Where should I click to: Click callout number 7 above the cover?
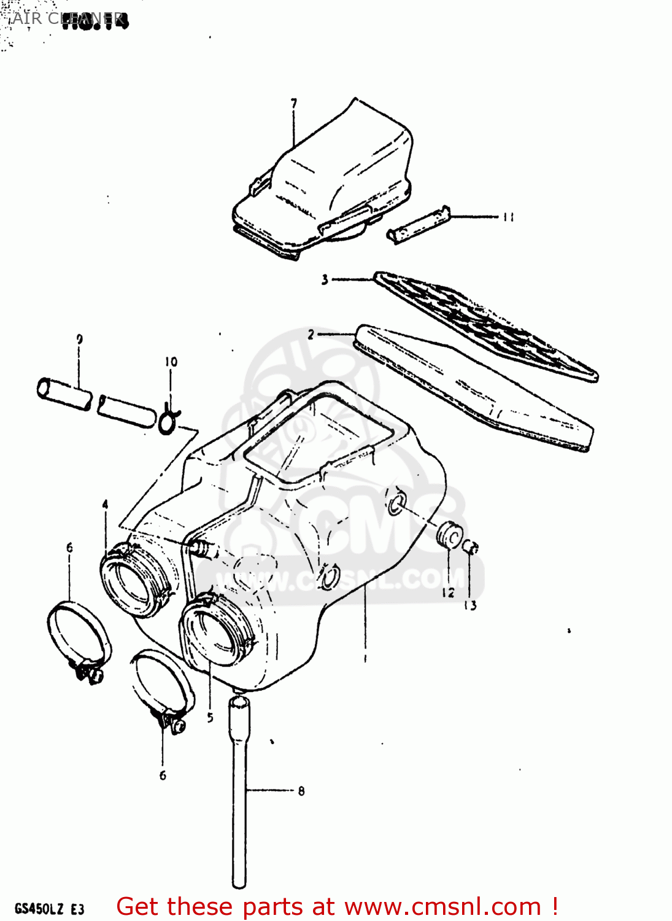coord(294,103)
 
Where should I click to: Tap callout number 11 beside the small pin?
coord(508,217)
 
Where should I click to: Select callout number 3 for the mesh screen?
coord(325,279)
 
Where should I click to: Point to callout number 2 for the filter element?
coord(311,335)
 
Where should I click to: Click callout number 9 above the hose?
coord(79,339)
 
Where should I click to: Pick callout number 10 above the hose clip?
coord(171,362)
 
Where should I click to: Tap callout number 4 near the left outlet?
coord(106,504)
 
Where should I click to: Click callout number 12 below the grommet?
coord(449,592)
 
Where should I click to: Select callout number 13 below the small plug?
coord(470,605)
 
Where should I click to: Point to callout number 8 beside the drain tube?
coord(301,791)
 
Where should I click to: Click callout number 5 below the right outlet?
coord(210,717)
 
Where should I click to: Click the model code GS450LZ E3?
coord(49,909)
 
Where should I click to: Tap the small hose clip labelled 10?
coord(167,421)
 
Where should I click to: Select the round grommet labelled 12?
coord(450,534)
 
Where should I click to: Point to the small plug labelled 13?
coord(470,547)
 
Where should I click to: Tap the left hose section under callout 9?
coord(64,394)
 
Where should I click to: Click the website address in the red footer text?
coord(443,907)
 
